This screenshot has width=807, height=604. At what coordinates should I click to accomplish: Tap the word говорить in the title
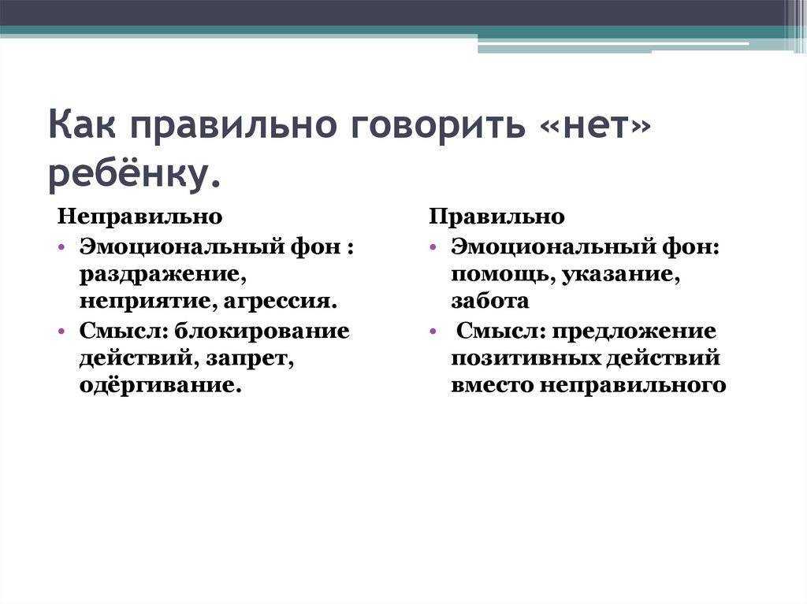[x=438, y=124]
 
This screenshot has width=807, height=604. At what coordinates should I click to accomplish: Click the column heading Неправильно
[x=139, y=217]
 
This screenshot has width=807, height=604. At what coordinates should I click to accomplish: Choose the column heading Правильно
[x=496, y=217]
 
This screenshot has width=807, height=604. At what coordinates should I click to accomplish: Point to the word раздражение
[x=162, y=275]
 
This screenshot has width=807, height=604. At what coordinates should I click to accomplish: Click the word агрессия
[x=281, y=302]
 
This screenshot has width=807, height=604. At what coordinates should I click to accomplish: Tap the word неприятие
[x=147, y=302]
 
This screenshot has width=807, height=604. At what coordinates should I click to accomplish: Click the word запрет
[x=250, y=359]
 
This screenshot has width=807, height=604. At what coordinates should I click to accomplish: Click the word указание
[x=621, y=274]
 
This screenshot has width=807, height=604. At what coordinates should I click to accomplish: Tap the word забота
[x=490, y=302]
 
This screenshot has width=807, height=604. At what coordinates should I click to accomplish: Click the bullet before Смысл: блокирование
[x=62, y=331]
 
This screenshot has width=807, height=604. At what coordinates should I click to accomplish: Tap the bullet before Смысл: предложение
[x=433, y=331]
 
